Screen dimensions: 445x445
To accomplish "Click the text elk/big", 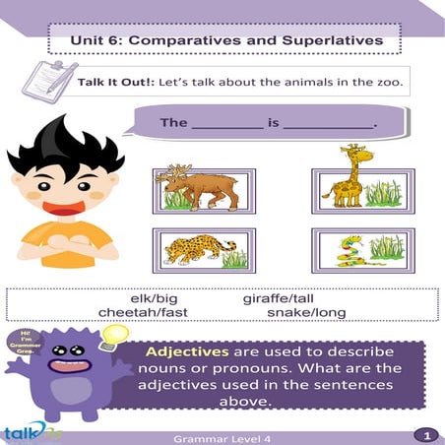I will pyautogui.click(x=158, y=298).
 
